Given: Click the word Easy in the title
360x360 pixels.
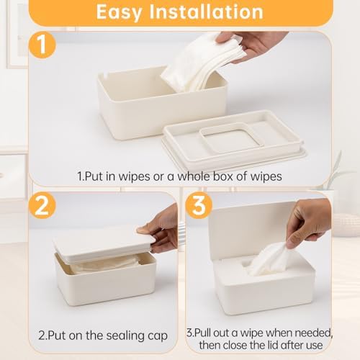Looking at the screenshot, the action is point(119,12).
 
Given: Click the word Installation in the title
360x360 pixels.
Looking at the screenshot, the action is point(207,12).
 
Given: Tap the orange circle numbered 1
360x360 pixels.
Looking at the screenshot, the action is point(42,45).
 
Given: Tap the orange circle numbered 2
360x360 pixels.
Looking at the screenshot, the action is point(42,205).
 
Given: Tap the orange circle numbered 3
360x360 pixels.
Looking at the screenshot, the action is point(199,205).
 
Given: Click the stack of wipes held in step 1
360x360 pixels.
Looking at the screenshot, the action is point(202,63).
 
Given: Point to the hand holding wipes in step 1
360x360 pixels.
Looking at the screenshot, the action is point(252,45).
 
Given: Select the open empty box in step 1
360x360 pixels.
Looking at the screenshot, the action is point(161,103).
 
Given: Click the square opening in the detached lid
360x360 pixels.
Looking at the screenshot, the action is point(231,141).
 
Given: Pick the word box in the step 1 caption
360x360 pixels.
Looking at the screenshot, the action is point(223,176).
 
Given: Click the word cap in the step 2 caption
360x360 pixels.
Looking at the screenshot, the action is point(158,336).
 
